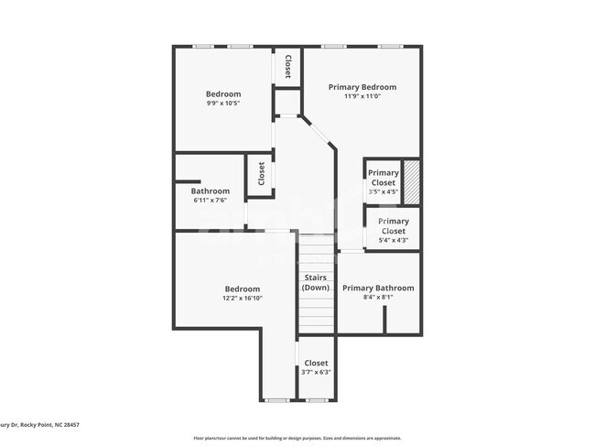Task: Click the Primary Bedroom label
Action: pyautogui.click(x=362, y=86)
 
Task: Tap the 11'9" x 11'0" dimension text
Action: pyautogui.click(x=362, y=96)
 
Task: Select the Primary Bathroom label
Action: pyautogui.click(x=378, y=288)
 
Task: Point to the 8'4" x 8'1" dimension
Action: pyautogui.click(x=378, y=298)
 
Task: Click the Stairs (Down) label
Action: pyautogui.click(x=315, y=283)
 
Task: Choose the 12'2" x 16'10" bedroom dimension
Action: pyautogui.click(x=242, y=299)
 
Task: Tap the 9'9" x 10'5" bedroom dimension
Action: pyautogui.click(x=222, y=104)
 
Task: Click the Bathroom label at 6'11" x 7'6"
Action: pyautogui.click(x=209, y=191)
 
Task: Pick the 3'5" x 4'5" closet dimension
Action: pyautogui.click(x=383, y=192)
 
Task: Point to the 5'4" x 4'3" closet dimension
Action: pyautogui.click(x=393, y=240)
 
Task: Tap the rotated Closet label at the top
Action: pyautogui.click(x=287, y=66)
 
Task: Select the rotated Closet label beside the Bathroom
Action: pyautogui.click(x=262, y=174)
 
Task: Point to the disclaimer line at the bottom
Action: pyautogui.click(x=297, y=437)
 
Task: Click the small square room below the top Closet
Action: pyautogui.click(x=287, y=100)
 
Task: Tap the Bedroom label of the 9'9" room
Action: pyautogui.click(x=222, y=93)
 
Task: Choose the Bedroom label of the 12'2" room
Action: pyautogui.click(x=242, y=289)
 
